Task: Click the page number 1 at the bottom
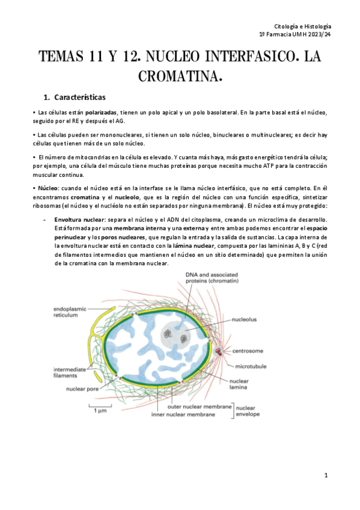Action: tap(326, 475)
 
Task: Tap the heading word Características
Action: tap(79, 97)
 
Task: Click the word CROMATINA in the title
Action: tap(180, 76)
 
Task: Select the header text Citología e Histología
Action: tap(302, 27)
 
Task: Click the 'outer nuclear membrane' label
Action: tap(200, 407)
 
